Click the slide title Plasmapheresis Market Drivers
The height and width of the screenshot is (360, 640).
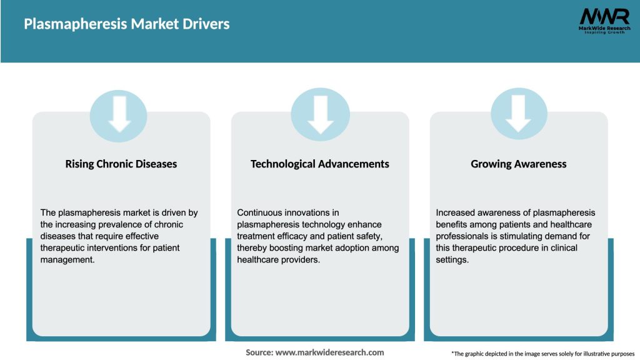[127, 24]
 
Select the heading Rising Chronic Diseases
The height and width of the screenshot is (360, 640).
[121, 164]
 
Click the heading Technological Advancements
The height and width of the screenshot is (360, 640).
[320, 164]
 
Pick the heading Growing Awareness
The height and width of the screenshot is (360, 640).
[519, 164]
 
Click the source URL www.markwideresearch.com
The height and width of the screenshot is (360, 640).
[330, 352]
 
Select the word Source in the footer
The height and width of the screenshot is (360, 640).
[259, 352]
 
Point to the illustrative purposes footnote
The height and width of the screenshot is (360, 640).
[542, 354]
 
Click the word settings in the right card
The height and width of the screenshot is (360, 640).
[452, 260]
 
